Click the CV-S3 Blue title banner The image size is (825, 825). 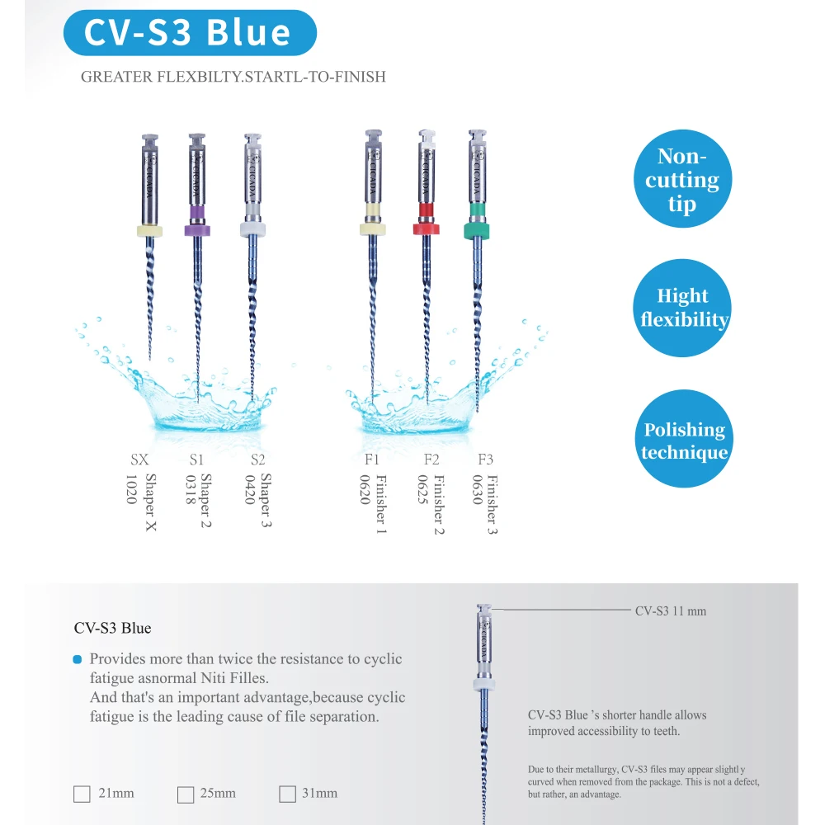(189, 32)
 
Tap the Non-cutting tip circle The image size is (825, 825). (682, 180)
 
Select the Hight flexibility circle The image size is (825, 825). (682, 308)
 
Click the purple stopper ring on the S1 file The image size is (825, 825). (197, 214)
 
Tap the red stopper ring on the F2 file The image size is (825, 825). (426, 227)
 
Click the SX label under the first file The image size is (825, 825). (139, 460)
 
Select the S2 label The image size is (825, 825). (257, 460)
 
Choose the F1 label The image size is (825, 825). (371, 460)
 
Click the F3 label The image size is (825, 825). (485, 460)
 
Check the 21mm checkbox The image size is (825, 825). (82, 794)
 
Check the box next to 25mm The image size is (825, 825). (186, 794)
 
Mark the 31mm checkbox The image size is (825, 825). (287, 794)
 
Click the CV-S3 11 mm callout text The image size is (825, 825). (670, 611)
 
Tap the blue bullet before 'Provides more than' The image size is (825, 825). (78, 659)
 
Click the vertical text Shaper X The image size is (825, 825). (151, 502)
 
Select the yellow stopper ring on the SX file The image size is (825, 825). (149, 230)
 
